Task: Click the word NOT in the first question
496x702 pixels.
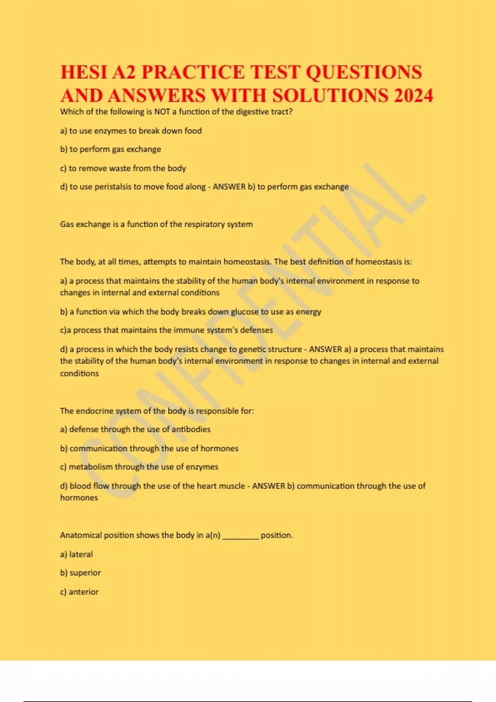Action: pyautogui.click(x=162, y=111)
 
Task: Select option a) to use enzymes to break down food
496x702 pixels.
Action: pyautogui.click(x=131, y=131)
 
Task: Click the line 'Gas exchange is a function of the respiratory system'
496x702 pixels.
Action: pyautogui.click(x=156, y=224)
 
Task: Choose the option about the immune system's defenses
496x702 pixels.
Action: pyautogui.click(x=166, y=330)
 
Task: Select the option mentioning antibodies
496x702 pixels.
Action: pyautogui.click(x=135, y=429)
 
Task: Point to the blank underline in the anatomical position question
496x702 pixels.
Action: pyautogui.click(x=241, y=536)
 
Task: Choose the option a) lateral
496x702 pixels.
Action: pyautogui.click(x=76, y=554)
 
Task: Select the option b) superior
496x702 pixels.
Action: pyautogui.click(x=81, y=573)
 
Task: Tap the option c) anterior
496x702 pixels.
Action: pyautogui.click(x=79, y=592)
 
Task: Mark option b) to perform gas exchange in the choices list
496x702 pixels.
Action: pyautogui.click(x=110, y=149)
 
